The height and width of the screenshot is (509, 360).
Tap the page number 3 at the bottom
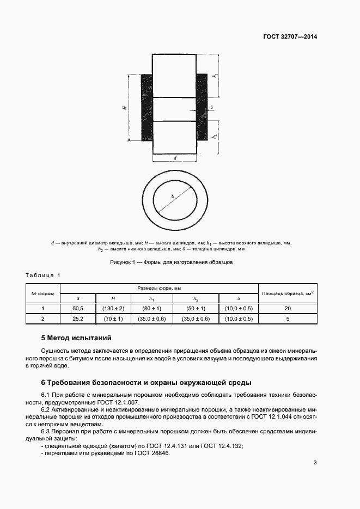315,463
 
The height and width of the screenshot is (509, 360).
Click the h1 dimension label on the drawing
216,76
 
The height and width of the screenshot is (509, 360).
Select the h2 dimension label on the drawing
216,137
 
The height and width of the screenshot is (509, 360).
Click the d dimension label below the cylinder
174,158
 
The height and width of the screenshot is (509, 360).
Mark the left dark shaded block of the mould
147,107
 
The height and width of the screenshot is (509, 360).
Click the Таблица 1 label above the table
44,275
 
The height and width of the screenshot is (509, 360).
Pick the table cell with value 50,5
78,309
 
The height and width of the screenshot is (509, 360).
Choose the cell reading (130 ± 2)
113,309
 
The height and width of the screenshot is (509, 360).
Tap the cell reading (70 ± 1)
113,319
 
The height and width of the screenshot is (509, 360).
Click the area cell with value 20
288,309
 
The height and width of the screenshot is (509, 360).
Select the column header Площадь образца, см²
288,293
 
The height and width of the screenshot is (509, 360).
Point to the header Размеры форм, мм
158,288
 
